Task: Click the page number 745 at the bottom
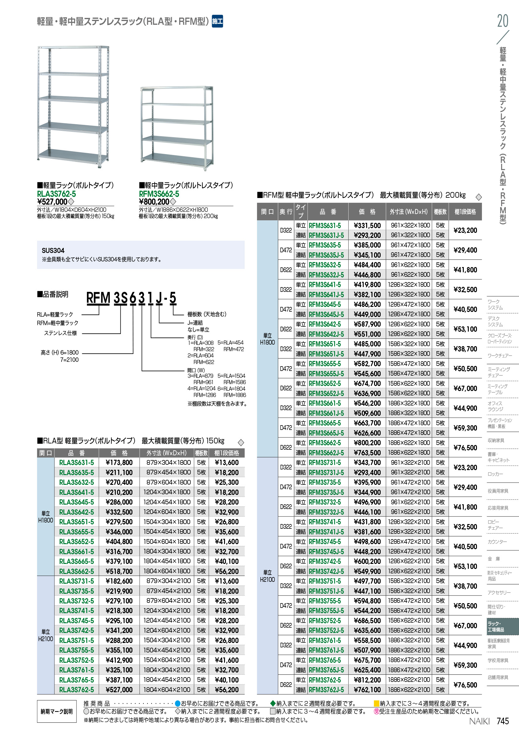point(503,721)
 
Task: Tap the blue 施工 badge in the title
point(217,21)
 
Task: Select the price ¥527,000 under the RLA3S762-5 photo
point(52,202)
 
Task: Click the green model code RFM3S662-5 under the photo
point(159,194)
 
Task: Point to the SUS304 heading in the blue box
point(53,250)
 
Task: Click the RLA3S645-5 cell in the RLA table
point(76,502)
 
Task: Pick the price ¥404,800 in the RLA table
point(119,542)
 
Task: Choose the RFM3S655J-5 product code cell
point(326,373)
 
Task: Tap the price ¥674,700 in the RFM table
point(367,383)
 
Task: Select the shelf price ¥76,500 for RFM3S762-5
point(465,685)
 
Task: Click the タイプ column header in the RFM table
point(300,211)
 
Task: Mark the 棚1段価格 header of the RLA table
point(227,453)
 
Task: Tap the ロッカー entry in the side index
point(495,474)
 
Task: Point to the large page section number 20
point(502,21)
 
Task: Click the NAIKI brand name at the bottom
point(479,721)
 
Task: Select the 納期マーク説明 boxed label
point(56,711)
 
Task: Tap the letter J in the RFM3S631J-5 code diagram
point(159,297)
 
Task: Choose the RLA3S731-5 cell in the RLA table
point(76,581)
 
